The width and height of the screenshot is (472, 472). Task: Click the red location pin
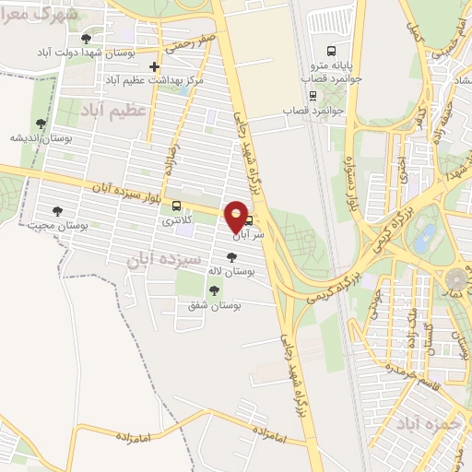(x=236, y=218)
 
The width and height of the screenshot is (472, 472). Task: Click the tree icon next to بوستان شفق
(x=214, y=290)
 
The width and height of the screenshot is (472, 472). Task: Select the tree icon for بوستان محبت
(x=57, y=211)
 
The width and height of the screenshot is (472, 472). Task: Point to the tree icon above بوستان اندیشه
(x=41, y=123)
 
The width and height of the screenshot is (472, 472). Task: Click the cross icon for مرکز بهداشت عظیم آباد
(x=155, y=66)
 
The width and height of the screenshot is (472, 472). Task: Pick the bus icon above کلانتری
(x=176, y=206)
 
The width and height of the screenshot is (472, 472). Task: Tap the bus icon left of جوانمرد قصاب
(x=313, y=95)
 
